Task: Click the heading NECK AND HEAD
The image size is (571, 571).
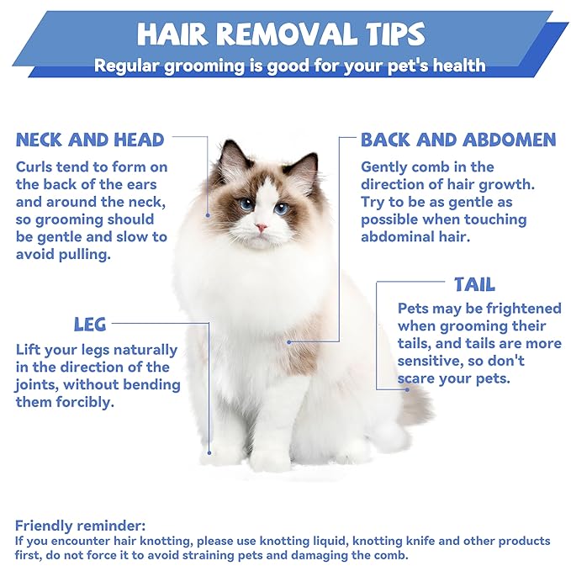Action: click(90, 139)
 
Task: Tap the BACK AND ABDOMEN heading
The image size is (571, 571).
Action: click(458, 139)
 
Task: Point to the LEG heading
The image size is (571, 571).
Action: click(90, 324)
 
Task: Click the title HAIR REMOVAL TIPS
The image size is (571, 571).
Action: click(282, 34)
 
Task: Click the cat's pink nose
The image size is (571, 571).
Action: click(262, 228)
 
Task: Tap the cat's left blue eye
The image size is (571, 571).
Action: click(246, 204)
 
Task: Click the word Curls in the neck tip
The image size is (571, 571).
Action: click(34, 167)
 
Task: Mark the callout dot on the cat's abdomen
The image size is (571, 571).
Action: click(288, 341)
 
